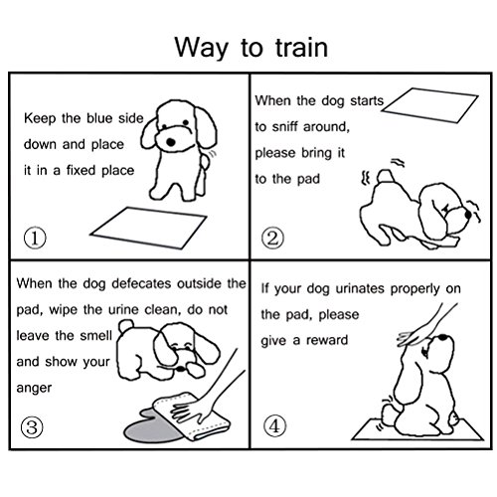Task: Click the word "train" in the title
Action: coord(301,49)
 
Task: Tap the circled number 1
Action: coord(35,238)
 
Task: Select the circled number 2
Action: coord(272,239)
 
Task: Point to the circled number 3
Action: coord(32,426)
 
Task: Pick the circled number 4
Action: coord(274,425)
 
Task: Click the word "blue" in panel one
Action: coord(99,118)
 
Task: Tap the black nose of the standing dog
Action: coord(170,142)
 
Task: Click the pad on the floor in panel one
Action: coord(148,228)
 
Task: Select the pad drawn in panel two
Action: coord(429,105)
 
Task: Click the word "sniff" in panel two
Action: coord(284,126)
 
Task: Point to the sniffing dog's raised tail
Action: coord(385,176)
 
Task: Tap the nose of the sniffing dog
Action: coord(468,215)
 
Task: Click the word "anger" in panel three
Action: coord(34,389)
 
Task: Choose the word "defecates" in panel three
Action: coord(141,283)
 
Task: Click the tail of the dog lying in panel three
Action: coord(126,326)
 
